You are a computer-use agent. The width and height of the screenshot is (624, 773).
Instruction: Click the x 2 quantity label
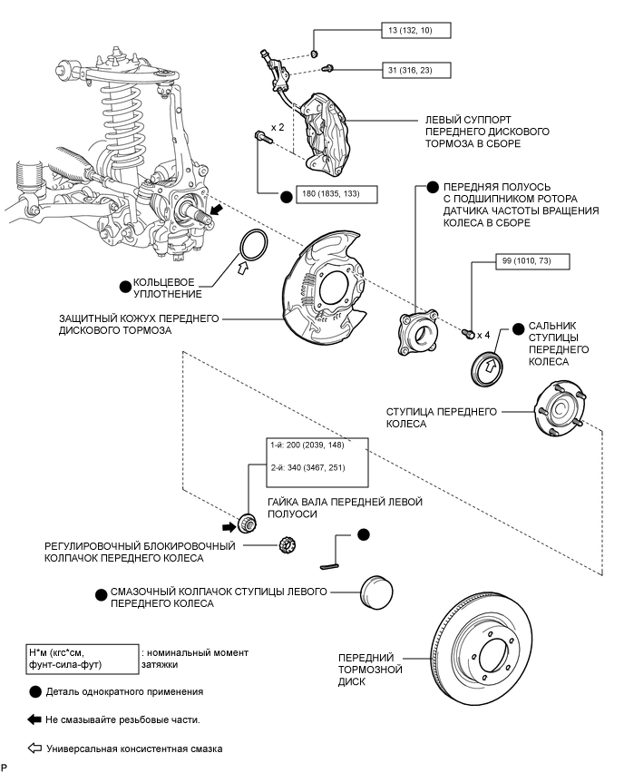(x=278, y=128)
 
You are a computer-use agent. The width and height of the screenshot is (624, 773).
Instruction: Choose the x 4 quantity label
(x=483, y=335)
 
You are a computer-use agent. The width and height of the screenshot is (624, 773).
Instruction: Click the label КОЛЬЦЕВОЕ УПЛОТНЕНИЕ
(x=164, y=288)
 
